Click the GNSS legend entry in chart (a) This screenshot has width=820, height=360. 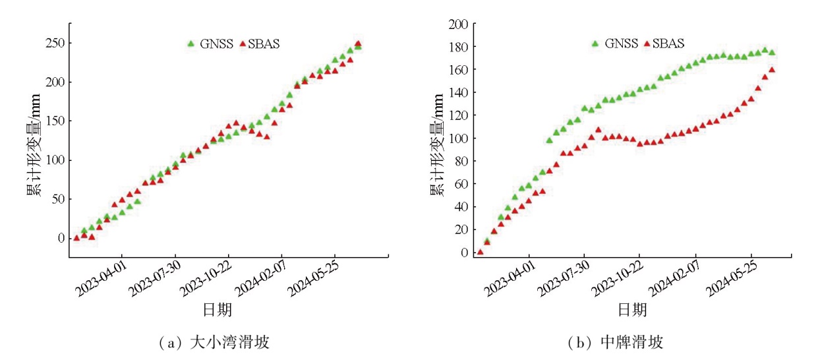point(210,44)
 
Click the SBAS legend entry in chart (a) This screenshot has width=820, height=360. point(263,44)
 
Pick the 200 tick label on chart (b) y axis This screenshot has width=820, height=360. point(459,24)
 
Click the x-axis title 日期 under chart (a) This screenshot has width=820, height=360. point(217,309)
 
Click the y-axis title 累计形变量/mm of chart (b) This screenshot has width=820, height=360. point(436,141)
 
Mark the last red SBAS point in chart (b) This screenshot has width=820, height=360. point(772,70)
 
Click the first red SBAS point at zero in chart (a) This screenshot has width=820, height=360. point(76,238)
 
